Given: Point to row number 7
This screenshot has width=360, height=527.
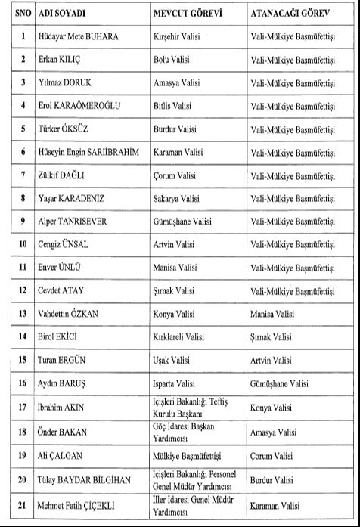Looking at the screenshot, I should (x=23, y=175).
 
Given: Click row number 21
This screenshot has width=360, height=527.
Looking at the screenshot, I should (x=23, y=504).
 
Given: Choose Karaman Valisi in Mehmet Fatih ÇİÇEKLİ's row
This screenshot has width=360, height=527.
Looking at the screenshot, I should (x=274, y=504).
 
